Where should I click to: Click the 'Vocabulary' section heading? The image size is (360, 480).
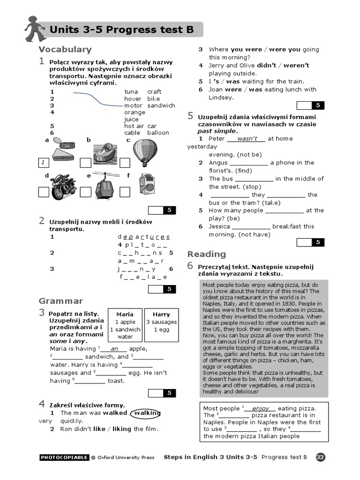[x=65, y=49]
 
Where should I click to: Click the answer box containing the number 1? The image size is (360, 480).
[x=43, y=163]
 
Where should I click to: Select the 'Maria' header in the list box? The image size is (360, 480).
[x=125, y=314]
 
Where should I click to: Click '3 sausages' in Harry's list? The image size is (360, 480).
[x=161, y=322]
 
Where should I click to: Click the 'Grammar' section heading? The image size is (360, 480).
[x=61, y=301]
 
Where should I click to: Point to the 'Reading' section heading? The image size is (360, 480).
[x=207, y=254]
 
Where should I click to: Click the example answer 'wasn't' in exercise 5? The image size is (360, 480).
[x=247, y=139]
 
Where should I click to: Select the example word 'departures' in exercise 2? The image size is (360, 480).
[x=144, y=237]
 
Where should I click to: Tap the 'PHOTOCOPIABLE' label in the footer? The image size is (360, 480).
[x=64, y=457]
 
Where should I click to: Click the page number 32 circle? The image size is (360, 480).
[x=321, y=457]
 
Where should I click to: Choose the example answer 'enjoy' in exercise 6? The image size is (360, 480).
[x=261, y=409]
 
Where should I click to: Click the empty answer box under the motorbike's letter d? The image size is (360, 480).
[x=43, y=192]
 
